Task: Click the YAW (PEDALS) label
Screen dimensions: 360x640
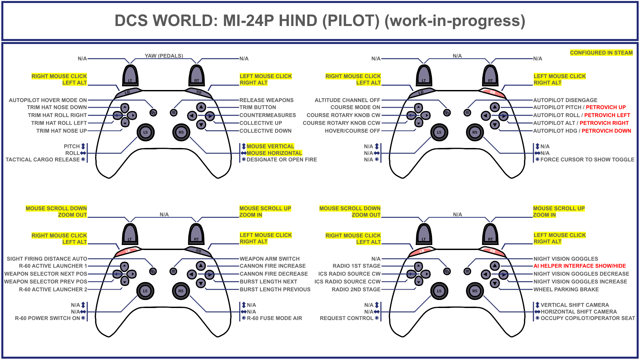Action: click(164, 56)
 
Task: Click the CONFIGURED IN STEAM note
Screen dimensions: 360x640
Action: click(601, 53)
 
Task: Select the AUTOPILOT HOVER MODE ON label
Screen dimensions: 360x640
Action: click(48, 100)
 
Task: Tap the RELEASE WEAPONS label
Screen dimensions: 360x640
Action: click(266, 100)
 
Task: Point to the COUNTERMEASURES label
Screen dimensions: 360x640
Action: click(267, 115)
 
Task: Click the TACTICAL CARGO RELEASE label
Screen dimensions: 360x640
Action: click(43, 160)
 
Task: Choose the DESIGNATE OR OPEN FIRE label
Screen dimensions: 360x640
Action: click(282, 160)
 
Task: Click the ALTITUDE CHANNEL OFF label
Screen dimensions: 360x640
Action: click(347, 100)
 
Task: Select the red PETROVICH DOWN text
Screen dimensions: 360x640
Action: click(606, 131)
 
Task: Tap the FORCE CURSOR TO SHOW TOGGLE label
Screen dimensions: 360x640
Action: click(587, 160)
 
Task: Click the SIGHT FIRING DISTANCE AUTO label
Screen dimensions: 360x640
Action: click(47, 259)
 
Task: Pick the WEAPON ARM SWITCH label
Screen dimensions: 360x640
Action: click(269, 259)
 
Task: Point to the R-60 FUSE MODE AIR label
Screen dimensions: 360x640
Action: click(274, 318)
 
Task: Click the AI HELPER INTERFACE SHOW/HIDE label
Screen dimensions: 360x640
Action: click(580, 266)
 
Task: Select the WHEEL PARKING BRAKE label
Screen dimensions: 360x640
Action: click(566, 289)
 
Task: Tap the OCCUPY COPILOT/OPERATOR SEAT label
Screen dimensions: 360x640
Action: click(588, 318)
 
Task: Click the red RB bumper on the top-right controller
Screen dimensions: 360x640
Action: click(492, 92)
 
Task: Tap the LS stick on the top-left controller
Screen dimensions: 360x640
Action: click(146, 132)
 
